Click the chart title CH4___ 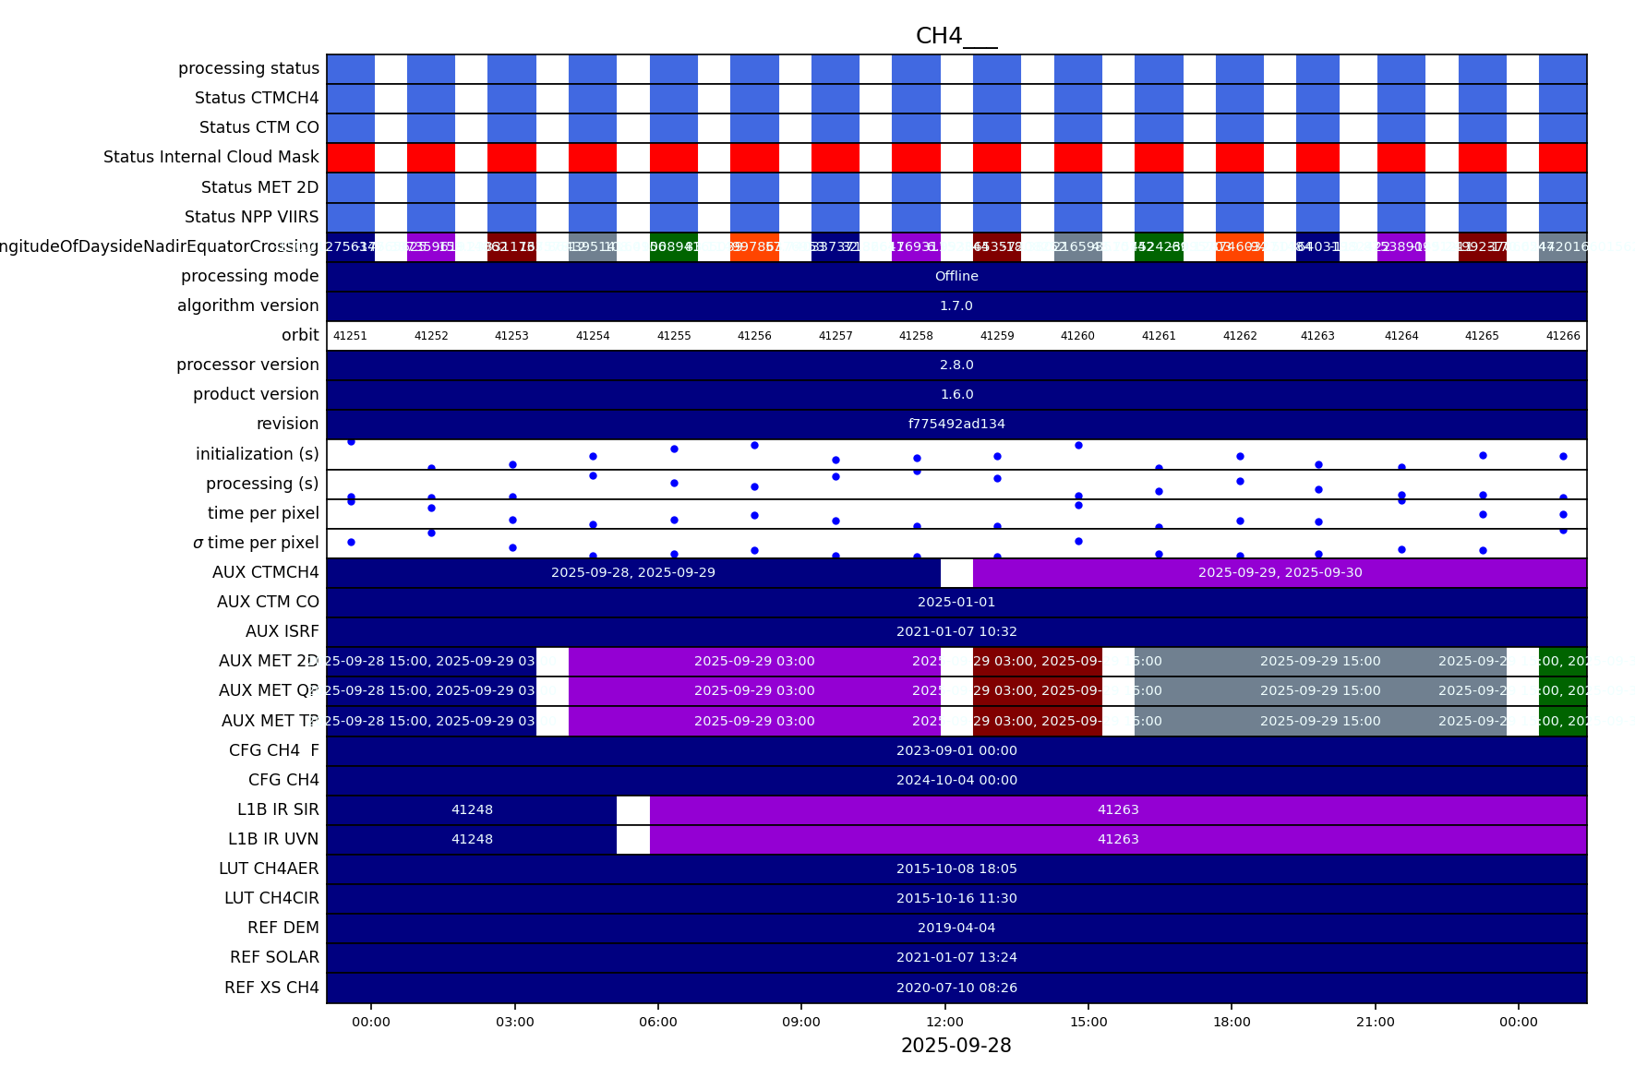[956, 36]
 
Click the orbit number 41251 [350, 336]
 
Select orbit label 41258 [916, 336]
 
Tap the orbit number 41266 [1563, 336]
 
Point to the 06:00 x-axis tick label [657, 1022]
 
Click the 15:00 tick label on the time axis [1088, 1022]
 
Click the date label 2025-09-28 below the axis [956, 1046]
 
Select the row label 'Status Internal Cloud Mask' [210, 157]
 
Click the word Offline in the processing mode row [956, 276]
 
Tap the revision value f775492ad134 [956, 424]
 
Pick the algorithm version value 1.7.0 [956, 305]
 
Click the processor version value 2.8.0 [956, 365]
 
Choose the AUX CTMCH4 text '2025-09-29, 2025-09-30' [1280, 572]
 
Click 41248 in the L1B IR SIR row [472, 809]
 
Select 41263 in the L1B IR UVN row [1118, 839]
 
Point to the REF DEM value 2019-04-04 [956, 928]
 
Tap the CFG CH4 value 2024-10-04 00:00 [956, 780]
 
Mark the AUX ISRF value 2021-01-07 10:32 [956, 631]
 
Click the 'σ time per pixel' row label [256, 543]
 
